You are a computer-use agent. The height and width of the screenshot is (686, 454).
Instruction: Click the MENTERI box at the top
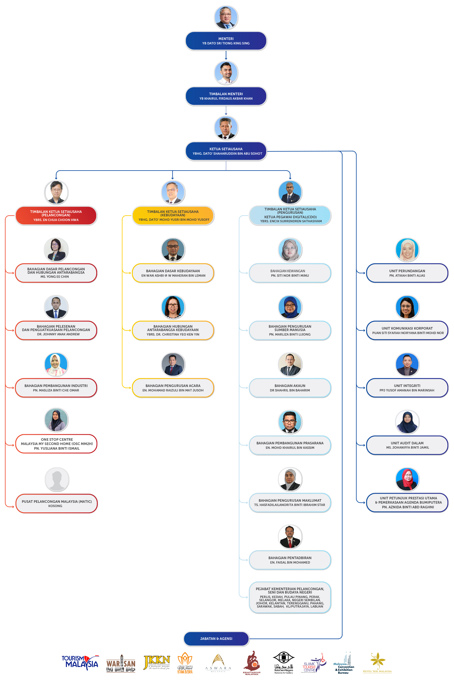pos(226,41)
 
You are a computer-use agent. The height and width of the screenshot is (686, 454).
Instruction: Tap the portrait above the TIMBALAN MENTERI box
pos(226,73)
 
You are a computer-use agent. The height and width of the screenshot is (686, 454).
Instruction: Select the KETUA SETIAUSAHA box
pos(226,151)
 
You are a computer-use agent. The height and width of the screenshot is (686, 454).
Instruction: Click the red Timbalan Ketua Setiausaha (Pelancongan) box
pos(56,216)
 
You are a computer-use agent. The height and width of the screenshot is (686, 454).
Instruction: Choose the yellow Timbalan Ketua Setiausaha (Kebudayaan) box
pos(173,216)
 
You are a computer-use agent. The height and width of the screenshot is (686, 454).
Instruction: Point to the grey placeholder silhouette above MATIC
pos(57,479)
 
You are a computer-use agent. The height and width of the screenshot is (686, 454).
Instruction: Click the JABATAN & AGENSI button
pos(216,639)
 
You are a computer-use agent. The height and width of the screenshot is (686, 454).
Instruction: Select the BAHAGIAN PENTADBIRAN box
pos(290,560)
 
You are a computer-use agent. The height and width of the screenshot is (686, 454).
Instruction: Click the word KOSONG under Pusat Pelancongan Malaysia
pos(55,506)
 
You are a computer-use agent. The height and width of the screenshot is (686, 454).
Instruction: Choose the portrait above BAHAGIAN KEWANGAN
pos(290,250)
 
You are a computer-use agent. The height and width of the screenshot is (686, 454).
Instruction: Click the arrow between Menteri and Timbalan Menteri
pos(226,55)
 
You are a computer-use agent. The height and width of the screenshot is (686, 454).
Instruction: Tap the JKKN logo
pos(157,662)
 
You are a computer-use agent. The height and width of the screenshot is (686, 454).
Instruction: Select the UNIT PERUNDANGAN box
pos(407,273)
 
